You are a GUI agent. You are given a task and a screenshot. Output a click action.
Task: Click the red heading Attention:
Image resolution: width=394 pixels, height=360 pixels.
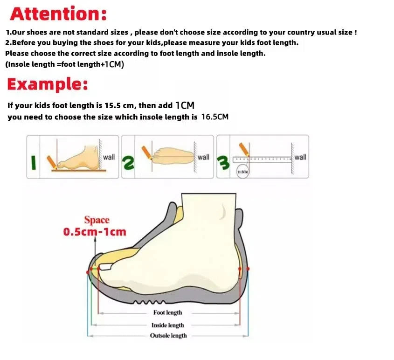[x=58, y=14]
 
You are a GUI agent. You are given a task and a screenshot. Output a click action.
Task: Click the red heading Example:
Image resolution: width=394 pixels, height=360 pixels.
[x=47, y=84]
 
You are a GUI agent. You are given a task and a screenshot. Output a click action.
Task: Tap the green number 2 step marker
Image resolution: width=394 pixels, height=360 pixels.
[x=128, y=162]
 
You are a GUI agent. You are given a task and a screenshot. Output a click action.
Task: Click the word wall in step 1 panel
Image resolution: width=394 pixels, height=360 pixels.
[x=109, y=157]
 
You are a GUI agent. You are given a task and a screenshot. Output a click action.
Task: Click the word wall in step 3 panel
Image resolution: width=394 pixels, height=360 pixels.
[x=300, y=157]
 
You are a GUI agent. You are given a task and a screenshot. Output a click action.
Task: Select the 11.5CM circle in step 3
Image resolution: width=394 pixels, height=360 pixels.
[x=242, y=172]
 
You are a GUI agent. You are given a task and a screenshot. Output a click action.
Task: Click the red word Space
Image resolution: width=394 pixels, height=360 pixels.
[x=97, y=220]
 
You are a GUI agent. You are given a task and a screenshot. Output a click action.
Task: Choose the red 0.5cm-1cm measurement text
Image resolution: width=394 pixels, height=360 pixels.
[x=95, y=232]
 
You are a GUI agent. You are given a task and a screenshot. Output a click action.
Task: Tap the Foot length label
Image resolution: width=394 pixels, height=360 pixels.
[x=167, y=312]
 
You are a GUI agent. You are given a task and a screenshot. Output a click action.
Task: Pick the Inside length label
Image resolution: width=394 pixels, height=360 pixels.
[x=167, y=325]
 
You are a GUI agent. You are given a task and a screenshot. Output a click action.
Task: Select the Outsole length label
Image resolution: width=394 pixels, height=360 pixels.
[x=168, y=336]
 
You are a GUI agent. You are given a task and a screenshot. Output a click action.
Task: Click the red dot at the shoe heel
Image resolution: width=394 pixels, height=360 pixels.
[x=248, y=269]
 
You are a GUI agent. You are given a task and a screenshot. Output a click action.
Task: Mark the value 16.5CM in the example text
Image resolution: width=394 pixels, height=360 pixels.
[x=214, y=117]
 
